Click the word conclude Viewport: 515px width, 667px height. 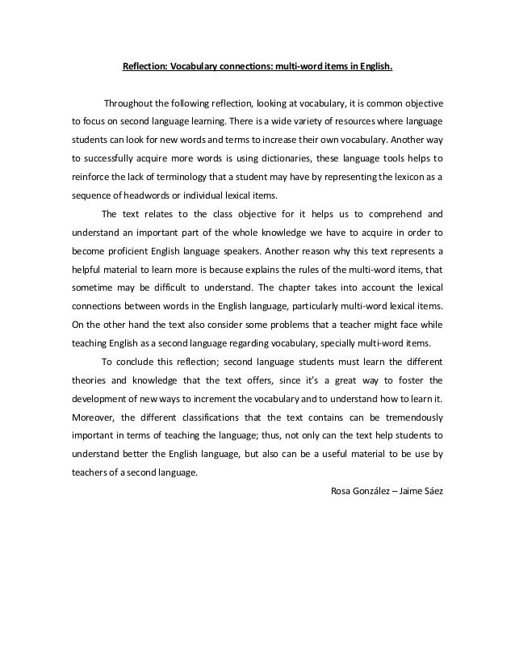coord(137,361)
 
